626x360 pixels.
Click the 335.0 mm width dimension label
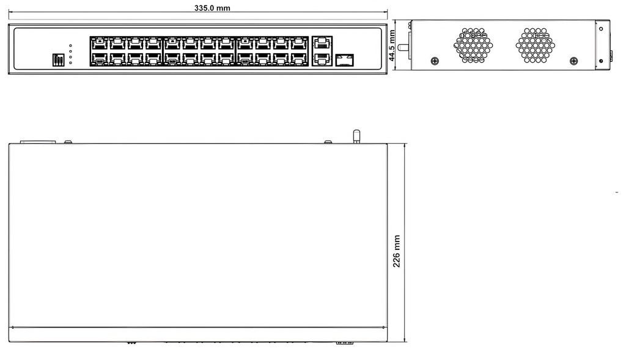click(212, 8)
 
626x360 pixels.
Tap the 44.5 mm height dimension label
click(392, 45)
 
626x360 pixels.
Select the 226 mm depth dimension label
click(396, 251)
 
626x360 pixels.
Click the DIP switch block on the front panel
click(58, 60)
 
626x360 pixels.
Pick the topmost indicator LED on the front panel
click(71, 46)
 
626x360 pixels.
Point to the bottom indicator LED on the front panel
click(71, 63)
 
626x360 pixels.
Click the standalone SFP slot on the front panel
click(344, 60)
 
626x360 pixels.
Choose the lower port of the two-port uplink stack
click(322, 59)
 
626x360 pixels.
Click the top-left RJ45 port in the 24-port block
click(99, 43)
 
